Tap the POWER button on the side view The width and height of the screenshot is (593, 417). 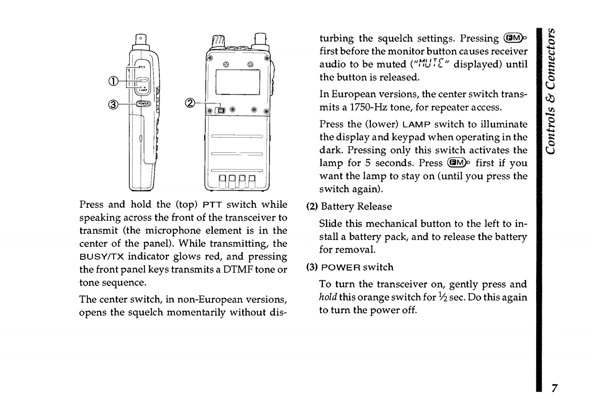(x=143, y=104)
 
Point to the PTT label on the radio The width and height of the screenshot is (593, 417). (x=142, y=67)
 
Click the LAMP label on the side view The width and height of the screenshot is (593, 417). (x=143, y=90)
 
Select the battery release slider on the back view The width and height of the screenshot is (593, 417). (x=221, y=110)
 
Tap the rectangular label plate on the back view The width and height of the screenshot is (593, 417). (x=238, y=82)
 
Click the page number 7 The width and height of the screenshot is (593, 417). (x=554, y=388)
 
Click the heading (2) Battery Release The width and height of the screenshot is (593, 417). (x=349, y=207)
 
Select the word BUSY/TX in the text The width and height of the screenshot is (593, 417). (x=101, y=257)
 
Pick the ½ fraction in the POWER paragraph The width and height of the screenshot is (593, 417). (x=441, y=297)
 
